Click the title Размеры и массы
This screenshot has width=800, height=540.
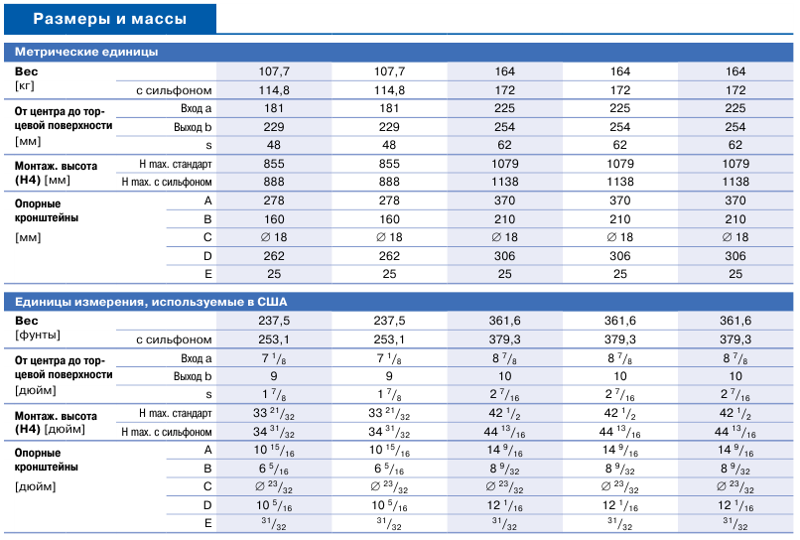pyautogui.click(x=110, y=19)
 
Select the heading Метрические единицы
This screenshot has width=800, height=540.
pyautogui.click(x=86, y=52)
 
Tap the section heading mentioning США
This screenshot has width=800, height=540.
pyautogui.click(x=151, y=302)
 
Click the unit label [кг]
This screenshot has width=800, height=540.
pyautogui.click(x=25, y=85)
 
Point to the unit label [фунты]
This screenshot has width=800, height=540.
pyautogui.click(x=38, y=336)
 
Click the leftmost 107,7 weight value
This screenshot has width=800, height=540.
pyautogui.click(x=274, y=71)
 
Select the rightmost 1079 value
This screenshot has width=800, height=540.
pyautogui.click(x=735, y=164)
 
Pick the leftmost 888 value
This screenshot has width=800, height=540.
pyautogui.click(x=274, y=183)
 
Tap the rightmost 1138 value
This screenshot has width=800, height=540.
pyautogui.click(x=735, y=183)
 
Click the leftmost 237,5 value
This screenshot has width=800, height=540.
pyautogui.click(x=274, y=321)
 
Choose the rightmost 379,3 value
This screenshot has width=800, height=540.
pyautogui.click(x=735, y=339)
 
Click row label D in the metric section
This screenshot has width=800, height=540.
pyautogui.click(x=207, y=256)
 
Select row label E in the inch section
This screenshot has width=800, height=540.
pyautogui.click(x=207, y=524)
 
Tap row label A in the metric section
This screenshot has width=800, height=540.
pyautogui.click(x=207, y=202)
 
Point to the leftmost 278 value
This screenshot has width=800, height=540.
pyautogui.click(x=274, y=201)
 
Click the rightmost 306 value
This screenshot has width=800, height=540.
pyautogui.click(x=735, y=256)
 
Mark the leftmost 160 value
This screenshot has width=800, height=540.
pyautogui.click(x=274, y=219)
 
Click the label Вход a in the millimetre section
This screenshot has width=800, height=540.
pyautogui.click(x=196, y=109)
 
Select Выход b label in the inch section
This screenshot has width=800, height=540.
pyautogui.click(x=193, y=376)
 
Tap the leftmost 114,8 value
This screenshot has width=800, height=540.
pyautogui.click(x=274, y=90)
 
